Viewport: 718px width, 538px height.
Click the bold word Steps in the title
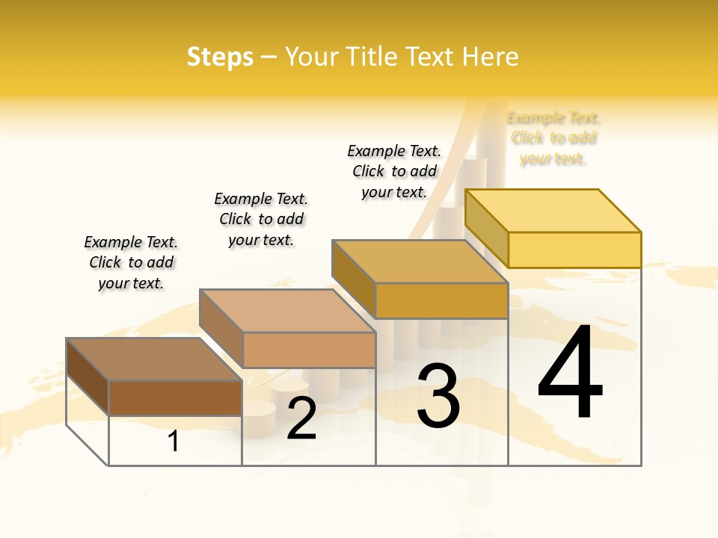(x=220, y=58)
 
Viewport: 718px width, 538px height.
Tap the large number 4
(x=570, y=373)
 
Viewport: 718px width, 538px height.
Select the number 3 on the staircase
(x=438, y=396)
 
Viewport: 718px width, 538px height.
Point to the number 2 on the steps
(x=301, y=418)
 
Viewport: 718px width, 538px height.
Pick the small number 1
(x=174, y=442)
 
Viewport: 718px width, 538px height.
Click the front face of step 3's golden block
(x=441, y=300)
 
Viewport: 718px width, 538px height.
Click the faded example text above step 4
(x=553, y=138)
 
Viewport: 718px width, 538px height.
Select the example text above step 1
(x=131, y=262)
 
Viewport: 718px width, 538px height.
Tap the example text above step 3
(x=394, y=171)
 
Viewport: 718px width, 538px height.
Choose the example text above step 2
(x=261, y=219)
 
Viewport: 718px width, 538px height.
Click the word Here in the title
(x=490, y=57)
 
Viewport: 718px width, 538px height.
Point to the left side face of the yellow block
(x=486, y=227)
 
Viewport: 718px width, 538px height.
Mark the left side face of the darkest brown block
(x=88, y=377)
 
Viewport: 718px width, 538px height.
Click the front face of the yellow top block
(x=574, y=250)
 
